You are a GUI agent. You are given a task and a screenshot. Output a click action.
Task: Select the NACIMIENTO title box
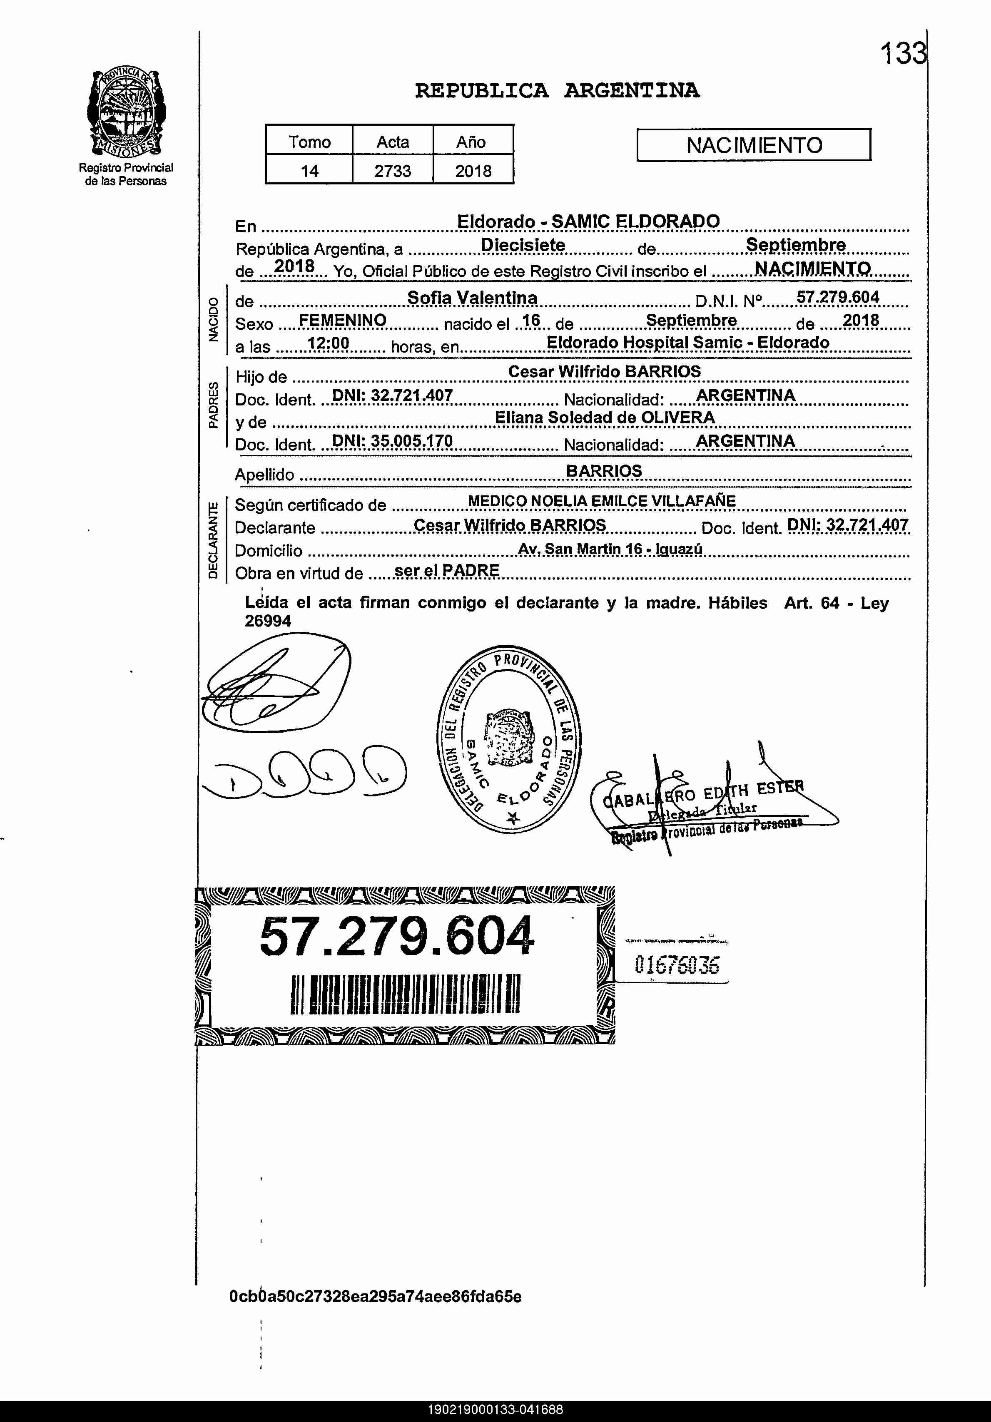click(x=754, y=145)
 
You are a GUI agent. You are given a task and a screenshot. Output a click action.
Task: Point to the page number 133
click(x=903, y=54)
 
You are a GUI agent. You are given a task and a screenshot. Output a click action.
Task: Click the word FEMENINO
click(x=343, y=320)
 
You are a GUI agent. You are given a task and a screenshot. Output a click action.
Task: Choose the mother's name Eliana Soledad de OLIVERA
click(x=605, y=418)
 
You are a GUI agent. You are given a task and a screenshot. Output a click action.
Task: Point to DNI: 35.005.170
click(x=393, y=441)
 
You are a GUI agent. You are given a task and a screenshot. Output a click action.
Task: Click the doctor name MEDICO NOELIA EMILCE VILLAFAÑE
click(x=601, y=501)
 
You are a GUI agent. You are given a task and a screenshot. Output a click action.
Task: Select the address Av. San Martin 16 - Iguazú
click(x=610, y=549)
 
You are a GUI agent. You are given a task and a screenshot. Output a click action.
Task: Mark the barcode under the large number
click(x=405, y=994)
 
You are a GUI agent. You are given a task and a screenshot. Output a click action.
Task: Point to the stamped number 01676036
click(x=677, y=965)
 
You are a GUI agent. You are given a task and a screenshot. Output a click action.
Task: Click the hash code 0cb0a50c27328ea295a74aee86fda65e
click(x=375, y=1296)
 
